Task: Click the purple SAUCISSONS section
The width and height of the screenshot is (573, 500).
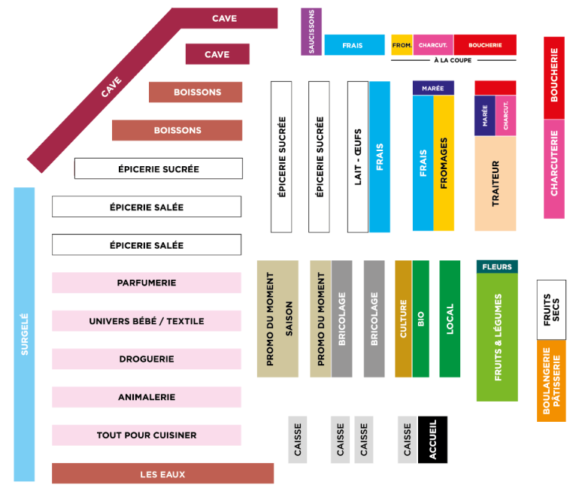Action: click(x=311, y=32)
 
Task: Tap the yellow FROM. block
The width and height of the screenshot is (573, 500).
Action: click(x=402, y=45)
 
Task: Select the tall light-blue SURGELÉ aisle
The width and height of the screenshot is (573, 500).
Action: click(x=24, y=334)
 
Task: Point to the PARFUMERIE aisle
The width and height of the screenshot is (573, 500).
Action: click(x=147, y=283)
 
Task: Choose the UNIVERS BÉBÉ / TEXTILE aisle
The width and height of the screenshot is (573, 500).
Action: click(x=147, y=321)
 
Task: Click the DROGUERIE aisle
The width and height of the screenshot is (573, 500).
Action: click(x=147, y=359)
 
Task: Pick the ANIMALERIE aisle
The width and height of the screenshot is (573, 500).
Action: click(x=147, y=397)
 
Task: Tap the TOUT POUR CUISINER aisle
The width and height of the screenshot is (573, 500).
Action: click(x=147, y=435)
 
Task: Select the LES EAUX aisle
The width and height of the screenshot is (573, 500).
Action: click(x=162, y=474)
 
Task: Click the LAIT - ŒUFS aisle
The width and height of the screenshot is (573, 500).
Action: click(x=358, y=156)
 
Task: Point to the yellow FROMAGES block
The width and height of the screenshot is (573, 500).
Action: click(x=444, y=162)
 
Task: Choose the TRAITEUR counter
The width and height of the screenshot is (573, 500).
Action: click(x=496, y=183)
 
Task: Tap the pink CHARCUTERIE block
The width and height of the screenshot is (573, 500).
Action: click(x=554, y=169)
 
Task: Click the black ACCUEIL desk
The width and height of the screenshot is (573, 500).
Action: click(x=432, y=439)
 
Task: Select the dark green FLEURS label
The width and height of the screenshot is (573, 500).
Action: click(x=496, y=267)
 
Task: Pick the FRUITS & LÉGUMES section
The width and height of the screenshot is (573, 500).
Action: click(x=497, y=337)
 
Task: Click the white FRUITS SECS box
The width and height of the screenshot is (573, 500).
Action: click(x=551, y=309)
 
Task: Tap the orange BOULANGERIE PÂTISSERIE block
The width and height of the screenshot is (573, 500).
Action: click(x=551, y=380)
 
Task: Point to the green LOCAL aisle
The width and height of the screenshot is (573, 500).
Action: click(x=450, y=319)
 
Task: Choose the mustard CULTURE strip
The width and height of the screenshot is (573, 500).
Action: click(x=403, y=319)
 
